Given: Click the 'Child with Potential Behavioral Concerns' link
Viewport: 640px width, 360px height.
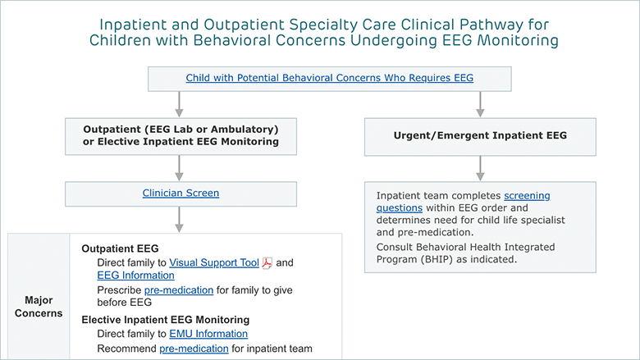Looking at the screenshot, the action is tap(329, 78).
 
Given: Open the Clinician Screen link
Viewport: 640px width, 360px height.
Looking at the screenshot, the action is tap(181, 193).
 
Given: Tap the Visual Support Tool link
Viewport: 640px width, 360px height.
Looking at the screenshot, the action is tap(214, 262).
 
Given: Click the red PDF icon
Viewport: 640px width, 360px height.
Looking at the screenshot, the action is tap(267, 263).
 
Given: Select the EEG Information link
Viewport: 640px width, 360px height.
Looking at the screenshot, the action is tap(135, 276).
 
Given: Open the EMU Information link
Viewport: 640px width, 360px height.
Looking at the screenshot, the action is tap(208, 334).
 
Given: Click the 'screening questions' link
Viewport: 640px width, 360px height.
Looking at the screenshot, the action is tap(463, 202).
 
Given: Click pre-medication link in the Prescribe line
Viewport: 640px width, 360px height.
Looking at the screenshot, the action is tap(179, 290).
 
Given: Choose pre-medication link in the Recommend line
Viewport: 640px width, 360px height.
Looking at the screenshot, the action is tap(194, 349).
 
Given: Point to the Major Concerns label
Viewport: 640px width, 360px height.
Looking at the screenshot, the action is tap(39, 307).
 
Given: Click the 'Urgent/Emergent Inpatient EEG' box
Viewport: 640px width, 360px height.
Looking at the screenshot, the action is tap(480, 137).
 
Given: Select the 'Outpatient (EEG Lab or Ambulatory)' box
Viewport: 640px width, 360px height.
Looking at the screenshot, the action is tap(181, 136).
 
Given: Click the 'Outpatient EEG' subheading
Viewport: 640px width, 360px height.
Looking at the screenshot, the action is tap(120, 248).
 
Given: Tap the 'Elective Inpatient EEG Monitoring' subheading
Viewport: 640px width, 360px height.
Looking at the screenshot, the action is tap(165, 320).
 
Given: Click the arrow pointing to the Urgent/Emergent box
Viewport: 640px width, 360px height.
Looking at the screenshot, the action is tap(480, 104).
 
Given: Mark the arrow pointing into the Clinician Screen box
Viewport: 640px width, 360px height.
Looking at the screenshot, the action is tap(179, 168).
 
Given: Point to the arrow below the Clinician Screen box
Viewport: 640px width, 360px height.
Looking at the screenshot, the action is tap(179, 220).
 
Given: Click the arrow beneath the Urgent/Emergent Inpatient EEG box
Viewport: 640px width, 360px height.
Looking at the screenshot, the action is tap(480, 168).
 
